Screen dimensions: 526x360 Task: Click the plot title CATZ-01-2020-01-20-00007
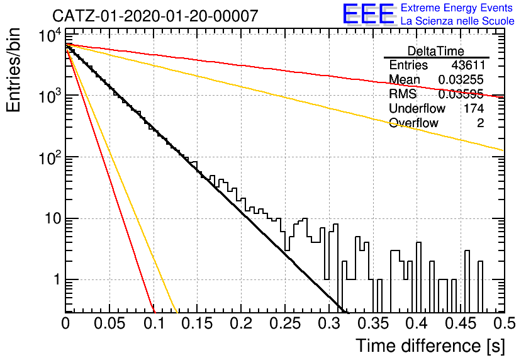155,16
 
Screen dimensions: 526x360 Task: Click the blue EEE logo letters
368,14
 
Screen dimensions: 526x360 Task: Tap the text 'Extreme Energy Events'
457,8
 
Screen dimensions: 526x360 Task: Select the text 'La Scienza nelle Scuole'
457,21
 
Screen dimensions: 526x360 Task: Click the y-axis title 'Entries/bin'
14,70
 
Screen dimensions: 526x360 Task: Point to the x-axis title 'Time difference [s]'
430,346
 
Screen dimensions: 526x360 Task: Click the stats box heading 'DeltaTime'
435,51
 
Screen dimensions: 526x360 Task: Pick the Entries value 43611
467,65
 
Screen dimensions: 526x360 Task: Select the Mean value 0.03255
461,79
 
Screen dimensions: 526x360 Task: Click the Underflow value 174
474,108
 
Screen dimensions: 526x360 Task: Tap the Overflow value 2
480,123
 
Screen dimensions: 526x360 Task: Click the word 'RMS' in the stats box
403,94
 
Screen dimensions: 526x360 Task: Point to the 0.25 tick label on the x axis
285,323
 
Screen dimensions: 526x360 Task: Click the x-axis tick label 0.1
154,323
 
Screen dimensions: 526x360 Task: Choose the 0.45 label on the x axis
461,323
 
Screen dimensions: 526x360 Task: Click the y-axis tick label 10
52,218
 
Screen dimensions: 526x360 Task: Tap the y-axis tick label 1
57,279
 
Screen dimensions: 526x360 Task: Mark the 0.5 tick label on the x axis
504,323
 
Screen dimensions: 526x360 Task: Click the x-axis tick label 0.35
373,323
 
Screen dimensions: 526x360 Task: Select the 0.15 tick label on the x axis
198,323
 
